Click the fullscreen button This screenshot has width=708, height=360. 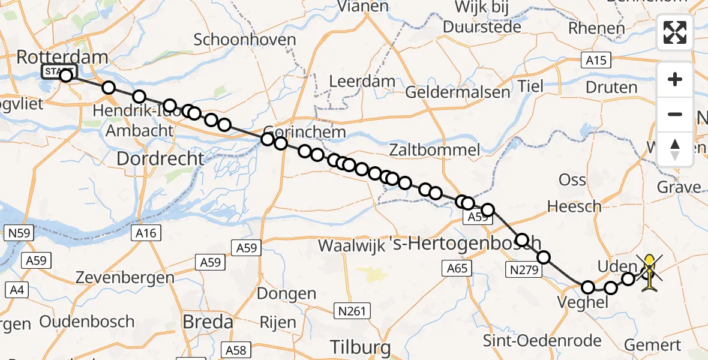[x=675, y=32]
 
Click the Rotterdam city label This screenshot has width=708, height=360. [x=62, y=58]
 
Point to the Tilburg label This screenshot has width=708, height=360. [x=361, y=347]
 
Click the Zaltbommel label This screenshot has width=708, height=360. [x=434, y=149]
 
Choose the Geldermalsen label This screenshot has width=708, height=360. [x=458, y=92]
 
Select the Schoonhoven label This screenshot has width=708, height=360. [x=245, y=40]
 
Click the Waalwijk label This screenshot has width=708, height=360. [x=351, y=245]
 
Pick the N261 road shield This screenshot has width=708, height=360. [x=352, y=310]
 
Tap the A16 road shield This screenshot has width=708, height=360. [x=146, y=233]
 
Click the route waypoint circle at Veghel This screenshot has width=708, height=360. [x=587, y=287]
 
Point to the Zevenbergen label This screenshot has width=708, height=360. [x=125, y=278]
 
